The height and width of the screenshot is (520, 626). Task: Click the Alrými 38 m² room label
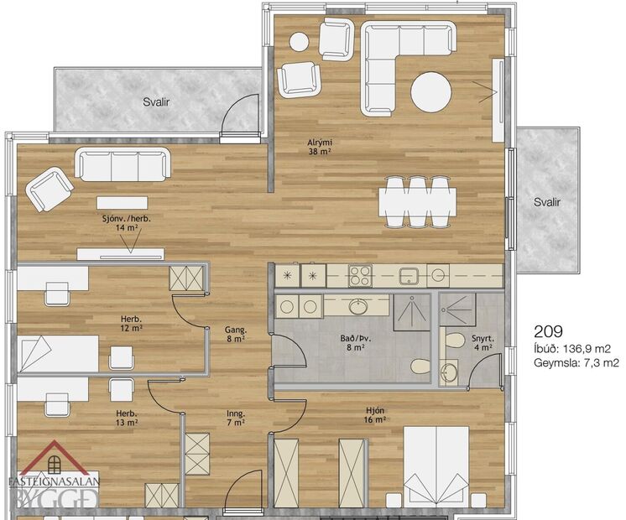(x=316, y=148)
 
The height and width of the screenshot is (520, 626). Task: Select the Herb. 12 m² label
(x=129, y=323)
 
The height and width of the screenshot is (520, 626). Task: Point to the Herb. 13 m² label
(x=127, y=418)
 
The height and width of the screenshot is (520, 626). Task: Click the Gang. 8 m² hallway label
(x=235, y=333)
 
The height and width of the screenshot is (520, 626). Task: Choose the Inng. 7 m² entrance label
(x=235, y=417)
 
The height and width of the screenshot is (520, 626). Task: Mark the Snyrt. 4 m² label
(x=483, y=341)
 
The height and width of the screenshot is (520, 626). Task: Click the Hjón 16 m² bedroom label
(x=374, y=415)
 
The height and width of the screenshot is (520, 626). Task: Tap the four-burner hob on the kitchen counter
(x=361, y=274)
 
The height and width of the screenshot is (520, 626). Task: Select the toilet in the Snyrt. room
(x=454, y=341)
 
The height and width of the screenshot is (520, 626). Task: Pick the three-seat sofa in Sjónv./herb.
(x=123, y=164)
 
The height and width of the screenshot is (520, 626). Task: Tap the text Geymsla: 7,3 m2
(x=576, y=363)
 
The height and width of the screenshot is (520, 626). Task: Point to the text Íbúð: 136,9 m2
(x=571, y=348)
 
